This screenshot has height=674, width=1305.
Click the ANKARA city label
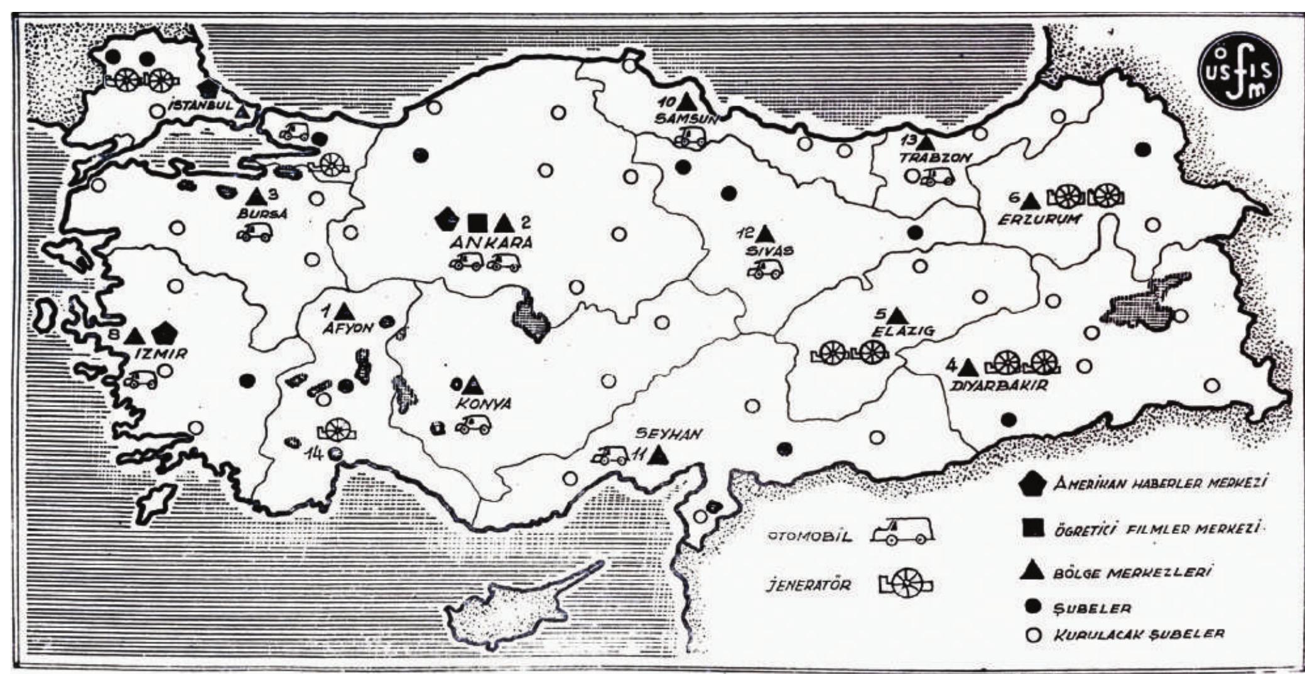[490, 243]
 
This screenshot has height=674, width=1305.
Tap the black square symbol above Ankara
[477, 222]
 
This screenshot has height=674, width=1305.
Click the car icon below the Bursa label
[254, 233]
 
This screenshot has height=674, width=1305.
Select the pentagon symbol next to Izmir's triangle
[164, 334]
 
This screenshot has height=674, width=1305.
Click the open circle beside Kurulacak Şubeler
[1032, 635]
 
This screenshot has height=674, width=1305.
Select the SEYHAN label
[668, 433]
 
